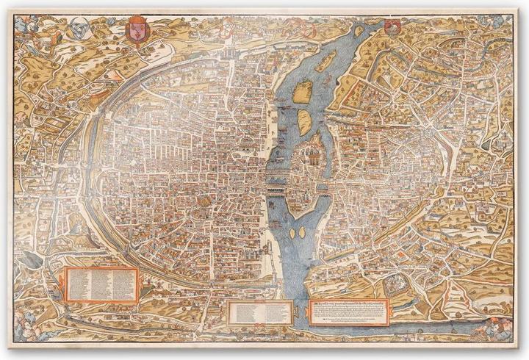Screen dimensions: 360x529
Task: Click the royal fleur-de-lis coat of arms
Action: click(137, 30)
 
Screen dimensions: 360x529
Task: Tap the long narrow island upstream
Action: click(326, 60)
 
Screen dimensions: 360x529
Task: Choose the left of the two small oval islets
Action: click(293, 233)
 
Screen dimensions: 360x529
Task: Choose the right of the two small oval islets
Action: click(303, 234)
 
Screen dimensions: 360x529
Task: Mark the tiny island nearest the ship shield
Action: click(359, 32)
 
